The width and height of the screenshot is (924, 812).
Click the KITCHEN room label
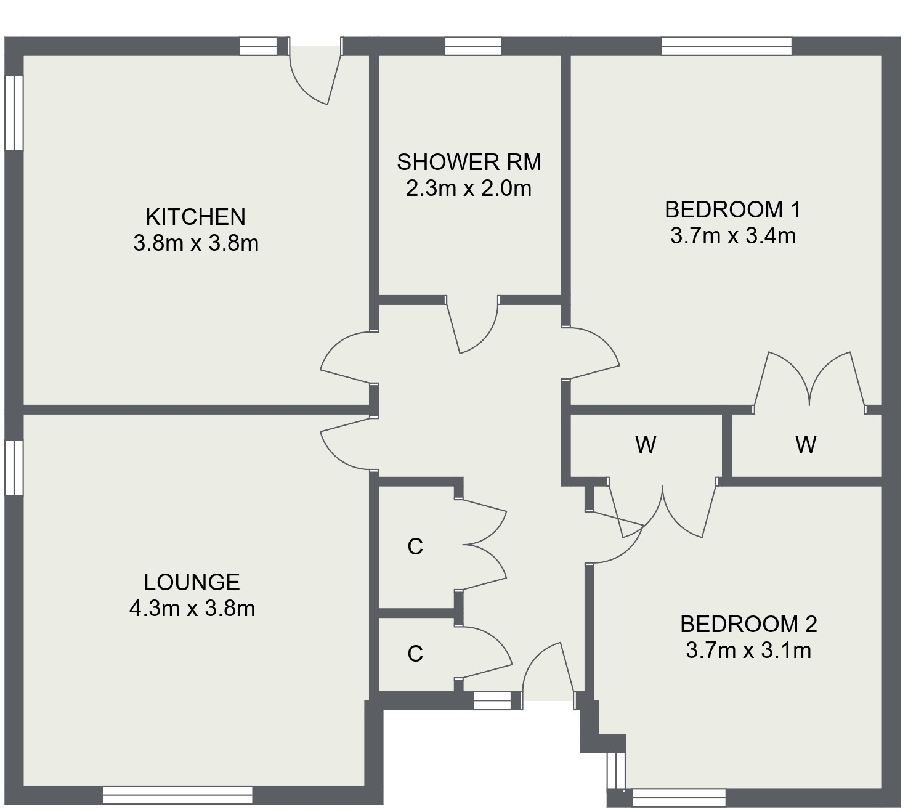pyautogui.click(x=195, y=217)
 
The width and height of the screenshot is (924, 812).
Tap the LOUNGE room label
pyautogui.click(x=192, y=582)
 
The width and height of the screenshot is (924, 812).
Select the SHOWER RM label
pyautogui.click(x=469, y=162)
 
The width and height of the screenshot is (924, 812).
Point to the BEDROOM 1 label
pyautogui.click(x=732, y=210)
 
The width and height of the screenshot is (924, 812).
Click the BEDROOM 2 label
pyautogui.click(x=748, y=625)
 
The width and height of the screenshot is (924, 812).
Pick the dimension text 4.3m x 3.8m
pyautogui.click(x=192, y=609)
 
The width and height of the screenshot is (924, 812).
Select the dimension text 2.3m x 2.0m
pyautogui.click(x=469, y=189)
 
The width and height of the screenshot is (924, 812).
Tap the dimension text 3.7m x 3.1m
pyautogui.click(x=748, y=651)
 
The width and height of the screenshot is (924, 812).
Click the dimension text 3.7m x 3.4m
pyautogui.click(x=732, y=236)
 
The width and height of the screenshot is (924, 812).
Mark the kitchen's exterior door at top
pyautogui.click(x=316, y=74)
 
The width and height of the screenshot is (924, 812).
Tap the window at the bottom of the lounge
pyautogui.click(x=177, y=795)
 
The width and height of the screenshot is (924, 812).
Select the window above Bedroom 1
pyautogui.click(x=726, y=46)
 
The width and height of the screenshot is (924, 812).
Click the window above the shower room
pyautogui.click(x=472, y=46)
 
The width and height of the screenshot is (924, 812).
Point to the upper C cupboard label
pyautogui.click(x=415, y=546)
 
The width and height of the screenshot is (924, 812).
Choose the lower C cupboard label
pyautogui.click(x=415, y=654)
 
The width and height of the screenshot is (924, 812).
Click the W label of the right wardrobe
pyautogui.click(x=806, y=444)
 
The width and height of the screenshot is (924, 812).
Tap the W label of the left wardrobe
pyautogui.click(x=646, y=444)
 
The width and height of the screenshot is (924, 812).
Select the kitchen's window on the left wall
pyautogui.click(x=14, y=113)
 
